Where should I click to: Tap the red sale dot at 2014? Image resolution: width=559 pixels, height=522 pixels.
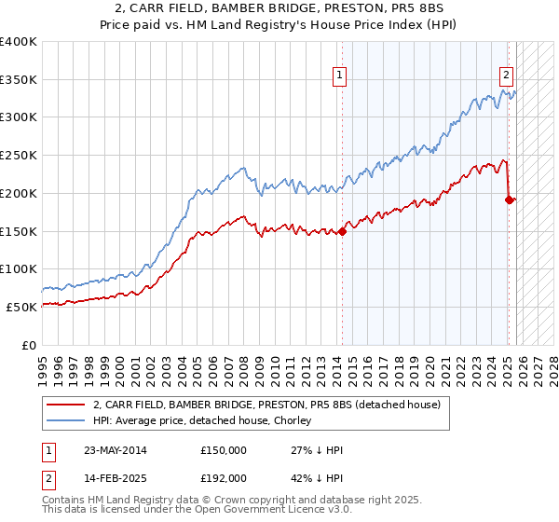(x=342, y=231)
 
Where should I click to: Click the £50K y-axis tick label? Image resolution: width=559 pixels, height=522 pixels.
(x=22, y=307)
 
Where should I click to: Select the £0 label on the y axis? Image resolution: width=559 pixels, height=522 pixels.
(x=30, y=345)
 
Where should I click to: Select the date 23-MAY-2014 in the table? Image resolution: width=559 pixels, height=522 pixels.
(x=114, y=450)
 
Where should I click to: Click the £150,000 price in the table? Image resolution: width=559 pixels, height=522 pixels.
(x=224, y=450)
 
